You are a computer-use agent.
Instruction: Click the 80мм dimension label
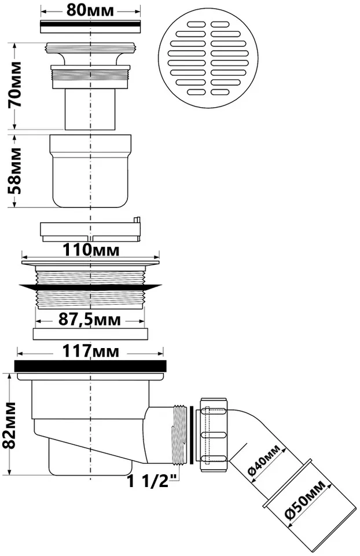pos(90,10)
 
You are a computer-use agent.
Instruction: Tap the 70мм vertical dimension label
pos(15,85)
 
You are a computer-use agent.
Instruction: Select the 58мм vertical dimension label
pos(15,171)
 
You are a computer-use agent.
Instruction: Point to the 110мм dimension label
pos(91,250)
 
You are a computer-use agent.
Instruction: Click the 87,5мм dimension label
pos(89,320)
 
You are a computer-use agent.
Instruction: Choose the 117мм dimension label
pos(91,351)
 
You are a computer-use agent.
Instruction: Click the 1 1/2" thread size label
pos(152,481)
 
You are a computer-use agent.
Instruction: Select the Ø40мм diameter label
pos(263,460)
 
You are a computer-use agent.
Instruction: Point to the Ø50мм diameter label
pos(306,500)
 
